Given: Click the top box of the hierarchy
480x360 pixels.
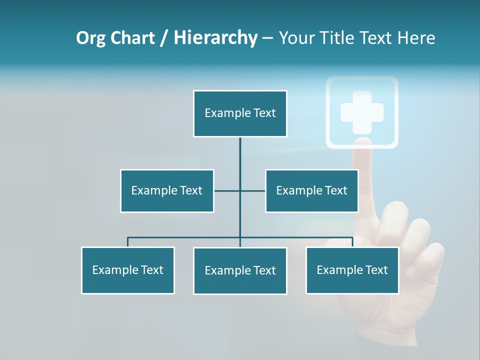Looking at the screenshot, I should click(x=240, y=113).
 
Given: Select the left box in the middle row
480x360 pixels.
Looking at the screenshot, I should click(x=167, y=191).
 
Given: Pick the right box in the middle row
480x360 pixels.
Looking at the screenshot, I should click(x=311, y=191).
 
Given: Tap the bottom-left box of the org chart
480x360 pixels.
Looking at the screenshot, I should click(x=128, y=270).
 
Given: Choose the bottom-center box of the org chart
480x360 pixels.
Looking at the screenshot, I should click(x=240, y=271).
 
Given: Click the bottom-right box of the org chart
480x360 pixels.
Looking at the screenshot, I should click(x=352, y=270).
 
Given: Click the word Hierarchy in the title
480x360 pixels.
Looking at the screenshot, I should click(x=215, y=38).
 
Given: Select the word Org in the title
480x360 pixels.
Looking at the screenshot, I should click(x=91, y=38).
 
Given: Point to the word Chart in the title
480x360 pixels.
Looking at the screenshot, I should click(x=132, y=38).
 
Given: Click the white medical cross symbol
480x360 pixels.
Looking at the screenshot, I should click(x=362, y=112).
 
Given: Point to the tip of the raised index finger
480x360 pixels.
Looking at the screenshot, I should click(x=363, y=150).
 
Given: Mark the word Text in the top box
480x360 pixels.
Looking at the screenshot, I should click(x=264, y=113).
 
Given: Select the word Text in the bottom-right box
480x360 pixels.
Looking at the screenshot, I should click(x=376, y=270).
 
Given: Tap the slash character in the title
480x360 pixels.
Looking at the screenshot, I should click(x=163, y=38).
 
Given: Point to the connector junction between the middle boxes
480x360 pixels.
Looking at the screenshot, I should click(x=240, y=191).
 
